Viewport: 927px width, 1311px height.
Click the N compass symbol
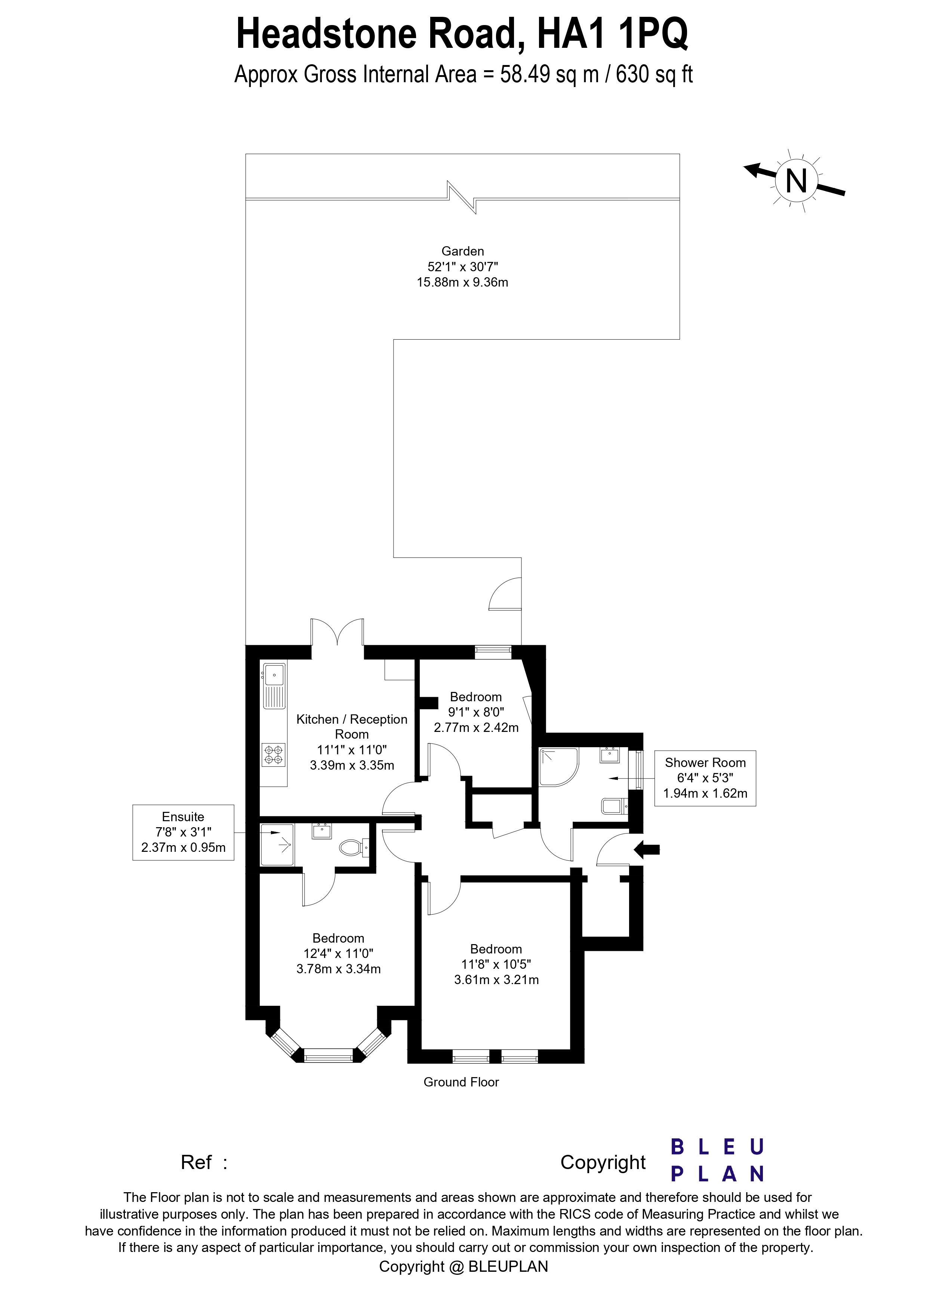point(796,182)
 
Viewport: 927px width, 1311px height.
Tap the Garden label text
point(463,251)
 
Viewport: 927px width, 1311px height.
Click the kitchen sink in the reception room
point(274,675)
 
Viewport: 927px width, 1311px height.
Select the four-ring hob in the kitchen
point(274,754)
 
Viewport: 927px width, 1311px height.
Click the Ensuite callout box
point(183,832)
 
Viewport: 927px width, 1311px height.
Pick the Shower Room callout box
point(705,778)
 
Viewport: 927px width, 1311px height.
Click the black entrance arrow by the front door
point(647,850)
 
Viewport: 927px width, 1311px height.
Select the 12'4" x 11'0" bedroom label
point(338,953)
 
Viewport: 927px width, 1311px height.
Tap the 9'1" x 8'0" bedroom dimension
point(476,712)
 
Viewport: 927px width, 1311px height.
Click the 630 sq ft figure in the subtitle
point(654,75)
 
